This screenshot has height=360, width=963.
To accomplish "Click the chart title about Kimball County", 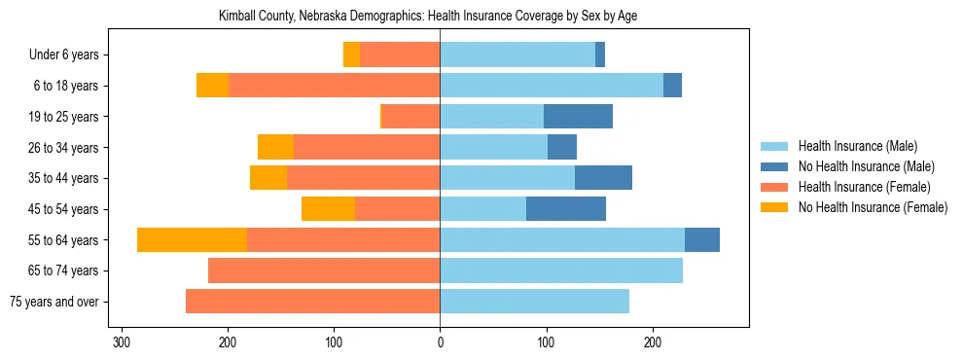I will point(441,17).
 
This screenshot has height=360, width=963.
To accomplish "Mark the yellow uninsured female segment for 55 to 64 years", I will point(192,240).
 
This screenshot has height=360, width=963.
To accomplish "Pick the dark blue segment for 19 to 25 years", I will point(578,117).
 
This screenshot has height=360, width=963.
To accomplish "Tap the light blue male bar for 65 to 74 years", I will point(561,270).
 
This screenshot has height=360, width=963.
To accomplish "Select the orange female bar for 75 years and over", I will point(313,302).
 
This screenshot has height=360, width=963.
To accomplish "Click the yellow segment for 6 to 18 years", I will point(212,86).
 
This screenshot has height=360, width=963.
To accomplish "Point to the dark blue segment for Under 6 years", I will point(600,55).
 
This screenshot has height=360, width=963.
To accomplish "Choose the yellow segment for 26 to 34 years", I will point(275,148).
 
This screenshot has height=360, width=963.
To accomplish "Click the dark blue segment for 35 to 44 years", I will point(603,178).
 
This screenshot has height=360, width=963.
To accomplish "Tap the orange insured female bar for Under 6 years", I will point(400,55).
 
